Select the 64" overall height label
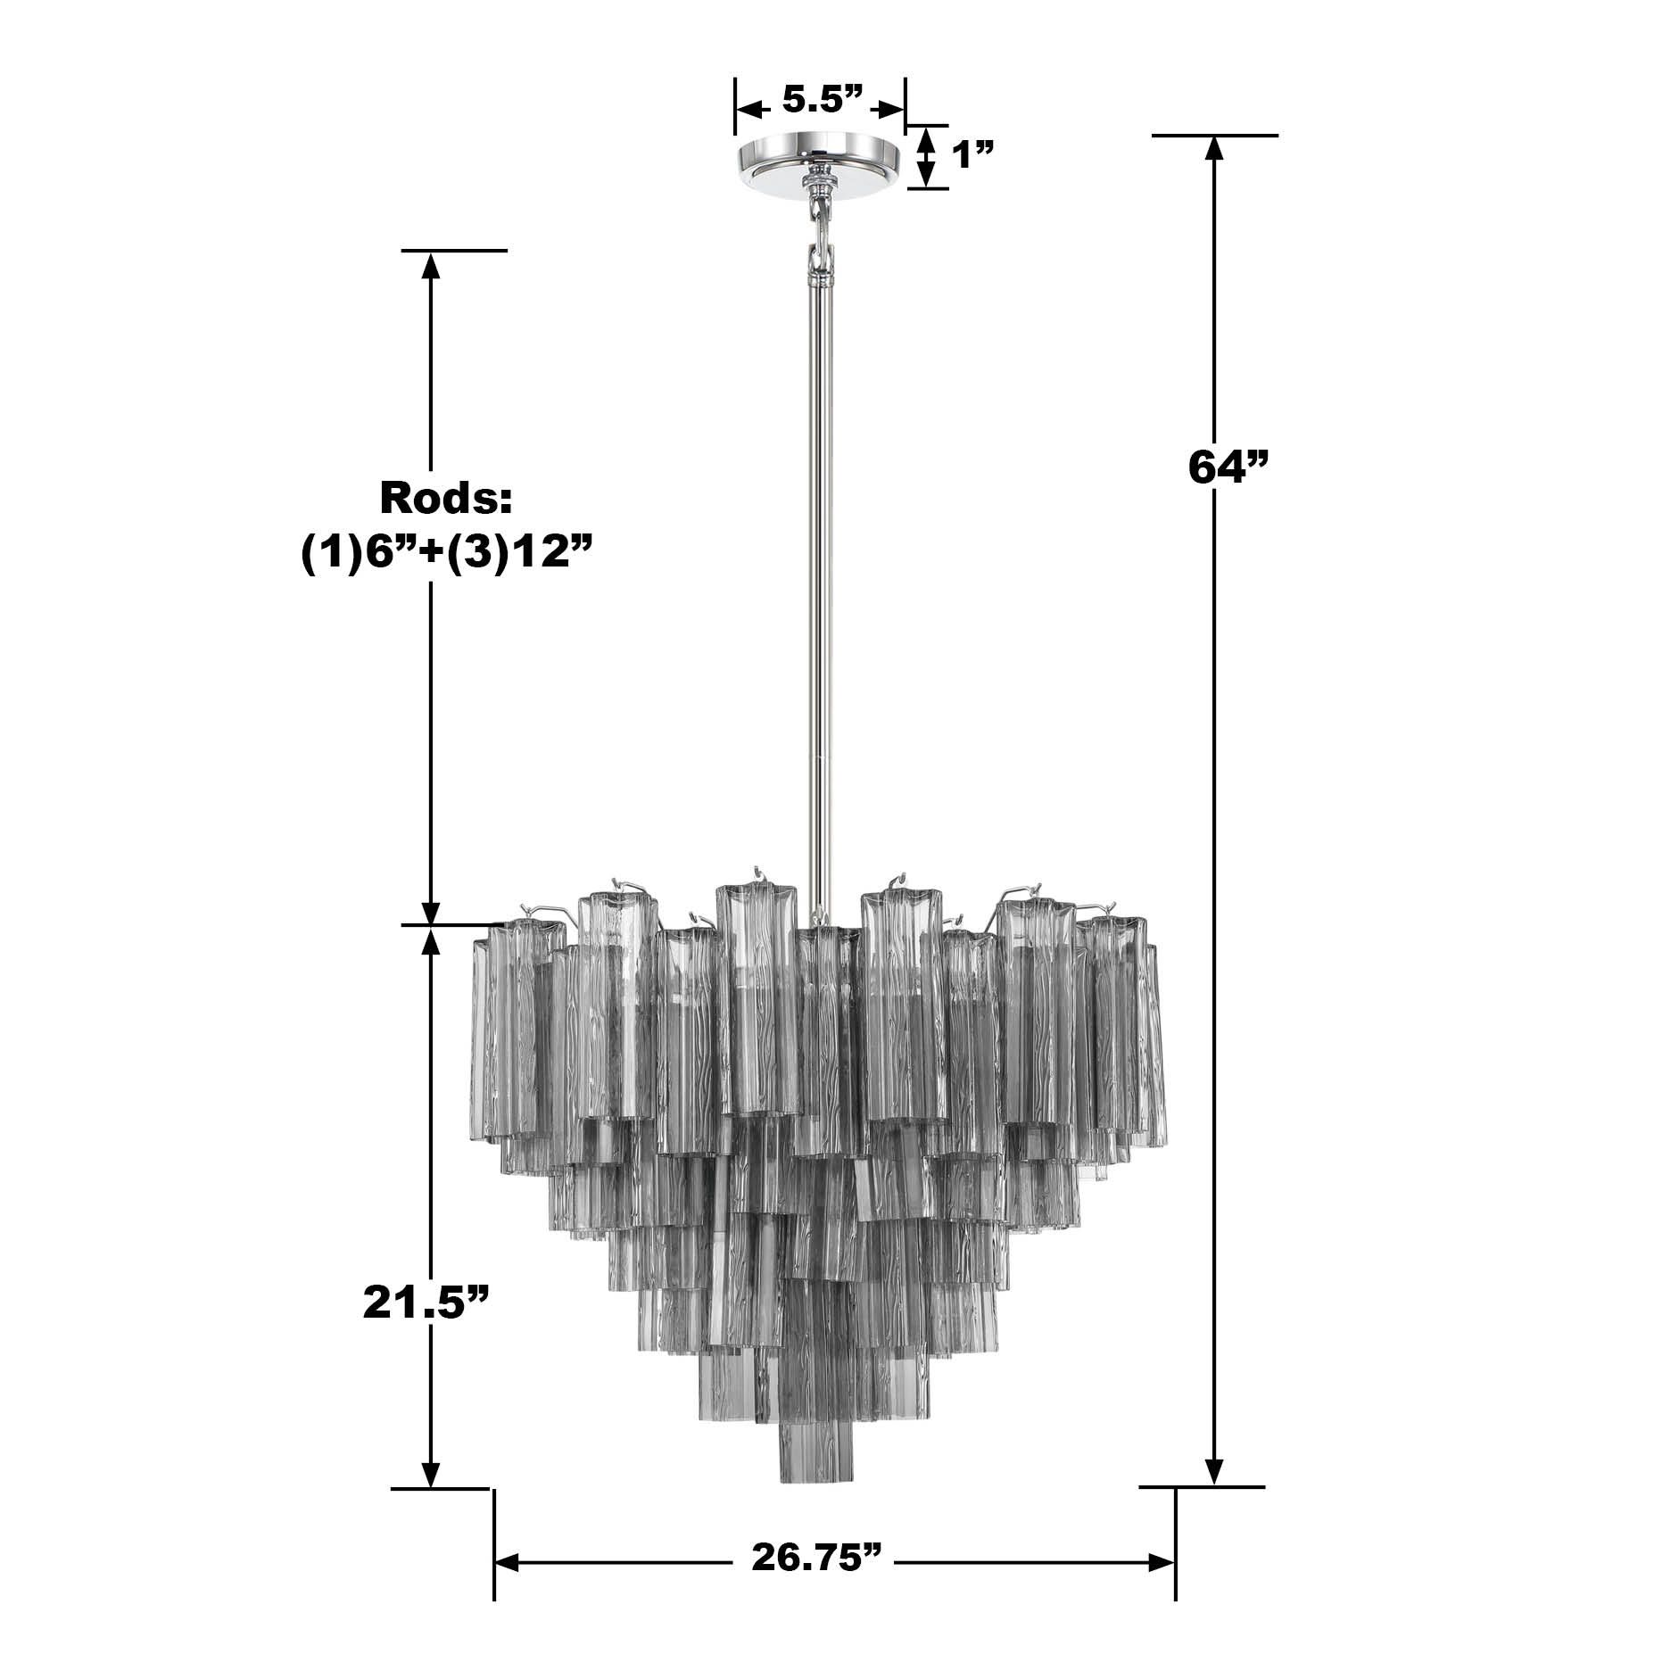[x=1228, y=467]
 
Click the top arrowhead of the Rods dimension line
[x=432, y=267]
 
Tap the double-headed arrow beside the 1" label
[x=927, y=157]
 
